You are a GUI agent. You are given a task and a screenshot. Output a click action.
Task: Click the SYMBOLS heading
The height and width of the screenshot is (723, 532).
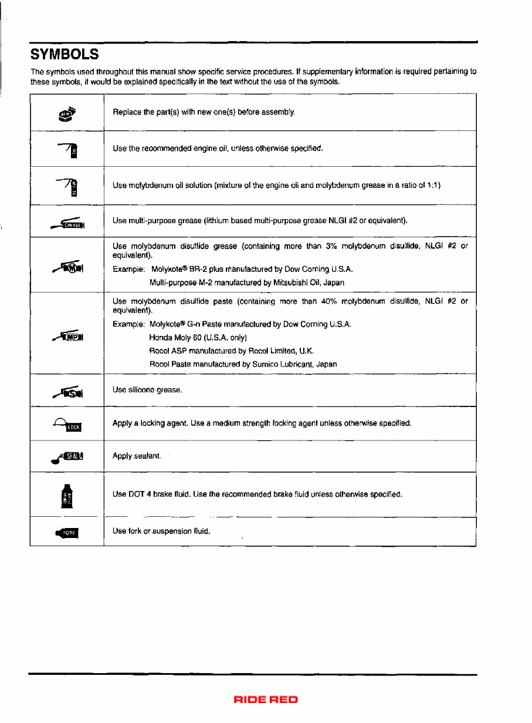pos(64,55)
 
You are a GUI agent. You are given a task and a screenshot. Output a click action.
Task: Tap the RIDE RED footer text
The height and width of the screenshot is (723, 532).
pos(266,700)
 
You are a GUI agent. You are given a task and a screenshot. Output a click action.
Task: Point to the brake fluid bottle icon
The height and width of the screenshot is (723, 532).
pos(67,495)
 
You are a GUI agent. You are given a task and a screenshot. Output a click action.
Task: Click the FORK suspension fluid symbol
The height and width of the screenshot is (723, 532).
pos(67,533)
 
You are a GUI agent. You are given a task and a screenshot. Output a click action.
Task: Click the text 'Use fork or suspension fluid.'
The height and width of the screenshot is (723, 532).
pos(161,531)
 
